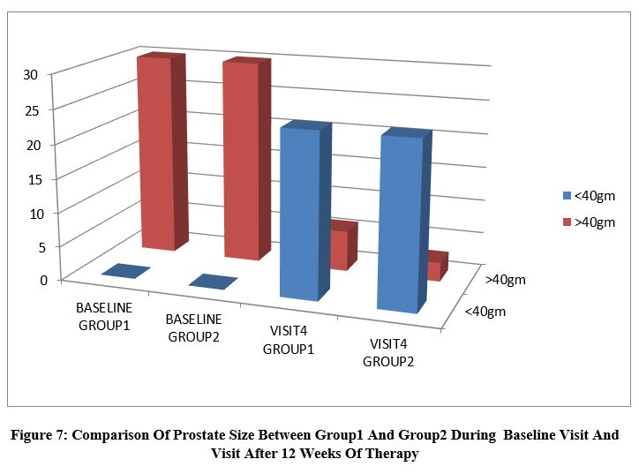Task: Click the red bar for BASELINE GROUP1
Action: (x=162, y=152)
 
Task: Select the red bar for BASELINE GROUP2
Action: (x=246, y=159)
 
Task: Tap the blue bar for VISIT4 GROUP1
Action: (x=304, y=211)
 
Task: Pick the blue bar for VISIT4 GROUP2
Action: (x=404, y=221)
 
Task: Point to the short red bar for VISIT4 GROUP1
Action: (x=343, y=245)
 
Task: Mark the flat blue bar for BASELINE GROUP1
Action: (x=126, y=271)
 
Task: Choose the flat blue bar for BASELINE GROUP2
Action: (x=213, y=282)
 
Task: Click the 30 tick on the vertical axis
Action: (x=31, y=74)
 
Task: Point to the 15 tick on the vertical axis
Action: (x=34, y=179)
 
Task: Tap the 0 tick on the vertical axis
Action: (x=43, y=281)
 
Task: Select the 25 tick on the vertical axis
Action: (x=32, y=110)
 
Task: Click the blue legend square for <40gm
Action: (x=567, y=196)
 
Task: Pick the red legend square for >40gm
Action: (x=567, y=222)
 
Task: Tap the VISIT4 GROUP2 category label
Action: (x=388, y=353)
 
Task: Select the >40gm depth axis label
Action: (x=506, y=280)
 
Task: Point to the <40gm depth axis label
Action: (x=485, y=312)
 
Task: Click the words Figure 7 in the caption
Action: (x=37, y=435)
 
